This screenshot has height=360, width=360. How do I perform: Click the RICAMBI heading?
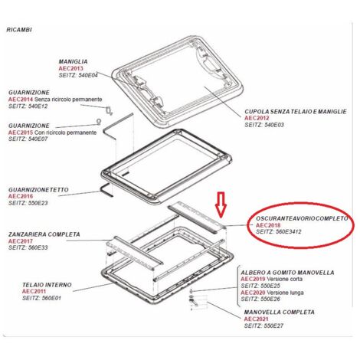tap(19, 30)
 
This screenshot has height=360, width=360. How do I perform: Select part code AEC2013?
tap(71, 68)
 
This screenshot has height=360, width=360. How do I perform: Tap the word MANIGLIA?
tap(73, 61)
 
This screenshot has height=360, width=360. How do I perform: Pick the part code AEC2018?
tap(268, 225)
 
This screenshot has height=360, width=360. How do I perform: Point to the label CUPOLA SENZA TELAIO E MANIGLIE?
tap(296, 112)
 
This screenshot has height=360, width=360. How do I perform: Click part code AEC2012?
tap(257, 118)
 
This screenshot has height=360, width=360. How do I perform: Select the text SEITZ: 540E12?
tap(28, 106)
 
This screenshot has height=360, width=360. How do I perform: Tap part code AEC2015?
tap(21, 133)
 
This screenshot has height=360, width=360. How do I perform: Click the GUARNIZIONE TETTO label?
tap(38, 190)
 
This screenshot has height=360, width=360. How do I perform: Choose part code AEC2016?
tap(21, 196)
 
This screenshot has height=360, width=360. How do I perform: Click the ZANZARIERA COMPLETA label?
tap(44, 234)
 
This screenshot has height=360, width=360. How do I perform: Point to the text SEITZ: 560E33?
tap(28, 247)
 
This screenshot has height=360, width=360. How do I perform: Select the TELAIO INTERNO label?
tap(47, 285)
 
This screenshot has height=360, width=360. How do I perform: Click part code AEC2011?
tap(34, 291)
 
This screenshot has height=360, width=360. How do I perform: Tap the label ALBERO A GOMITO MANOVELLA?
tap(287, 273)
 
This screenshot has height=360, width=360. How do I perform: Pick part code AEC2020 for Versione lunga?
tap(253, 293)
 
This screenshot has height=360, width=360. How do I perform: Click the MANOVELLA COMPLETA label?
tap(280, 312)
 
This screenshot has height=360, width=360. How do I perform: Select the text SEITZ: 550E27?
tap(263, 326)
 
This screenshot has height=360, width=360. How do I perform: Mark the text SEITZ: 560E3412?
tap(279, 232)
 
